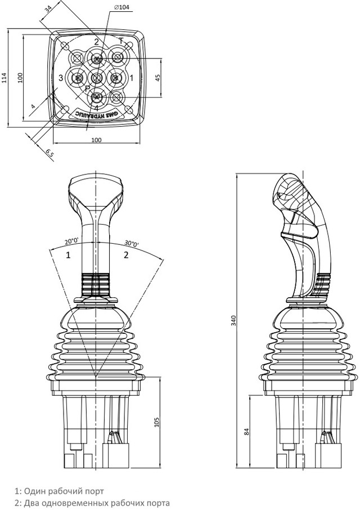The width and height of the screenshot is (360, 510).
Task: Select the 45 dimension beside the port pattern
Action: click(157, 77)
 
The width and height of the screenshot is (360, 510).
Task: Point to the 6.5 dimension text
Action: click(49, 152)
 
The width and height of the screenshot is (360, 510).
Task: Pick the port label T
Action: click(120, 41)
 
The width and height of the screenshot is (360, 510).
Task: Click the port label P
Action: click(87, 89)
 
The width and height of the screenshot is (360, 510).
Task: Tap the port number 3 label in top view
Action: click(60, 78)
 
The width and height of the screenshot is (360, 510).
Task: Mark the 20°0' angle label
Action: click(71, 240)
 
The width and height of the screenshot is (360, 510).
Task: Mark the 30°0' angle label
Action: click(133, 243)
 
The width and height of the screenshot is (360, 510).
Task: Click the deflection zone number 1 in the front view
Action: click(68, 255)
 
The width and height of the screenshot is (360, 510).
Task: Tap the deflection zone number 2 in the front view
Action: click(126, 255)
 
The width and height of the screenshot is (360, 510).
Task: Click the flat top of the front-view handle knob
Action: click(96, 178)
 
